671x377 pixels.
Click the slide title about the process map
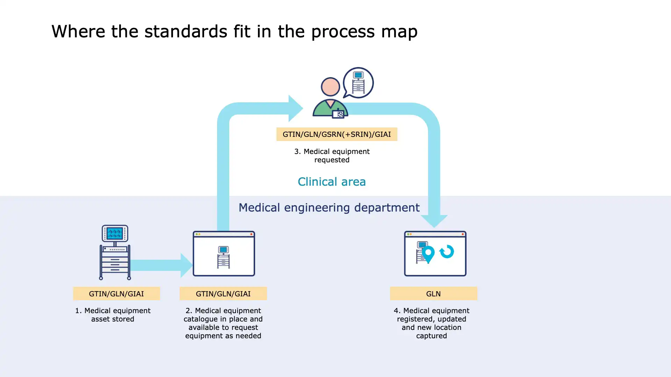(x=234, y=31)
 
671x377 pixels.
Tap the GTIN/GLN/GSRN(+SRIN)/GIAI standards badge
(x=337, y=134)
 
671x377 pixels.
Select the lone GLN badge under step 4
(x=433, y=294)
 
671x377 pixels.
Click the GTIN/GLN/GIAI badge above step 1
(x=116, y=294)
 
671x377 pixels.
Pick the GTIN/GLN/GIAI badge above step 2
(x=223, y=294)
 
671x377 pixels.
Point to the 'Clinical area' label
(x=332, y=182)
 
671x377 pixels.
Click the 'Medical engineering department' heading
(x=329, y=208)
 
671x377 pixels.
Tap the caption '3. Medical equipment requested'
(x=332, y=156)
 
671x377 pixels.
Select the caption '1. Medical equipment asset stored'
(x=113, y=315)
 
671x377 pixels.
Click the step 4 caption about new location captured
(x=431, y=323)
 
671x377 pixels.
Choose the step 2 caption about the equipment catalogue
(x=223, y=323)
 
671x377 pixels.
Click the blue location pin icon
(x=428, y=254)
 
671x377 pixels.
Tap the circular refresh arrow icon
(x=447, y=251)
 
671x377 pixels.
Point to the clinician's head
(x=330, y=87)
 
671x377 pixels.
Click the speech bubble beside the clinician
(x=358, y=83)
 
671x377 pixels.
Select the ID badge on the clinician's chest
(x=338, y=114)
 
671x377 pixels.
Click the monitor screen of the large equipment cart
(x=115, y=233)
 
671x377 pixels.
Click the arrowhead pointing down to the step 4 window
(x=434, y=221)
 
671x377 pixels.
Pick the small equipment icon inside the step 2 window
(x=223, y=257)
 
